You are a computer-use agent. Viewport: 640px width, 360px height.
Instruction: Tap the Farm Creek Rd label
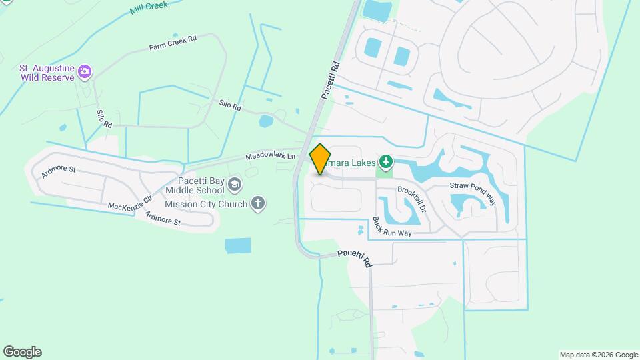pyautogui.click(x=173, y=43)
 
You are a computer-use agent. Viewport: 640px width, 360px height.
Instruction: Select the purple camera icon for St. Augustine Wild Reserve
pyautogui.click(x=85, y=71)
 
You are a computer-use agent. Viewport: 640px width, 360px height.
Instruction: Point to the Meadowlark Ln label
pyautogui.click(x=270, y=156)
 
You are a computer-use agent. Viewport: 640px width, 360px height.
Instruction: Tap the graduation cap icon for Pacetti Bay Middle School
pyautogui.click(x=235, y=184)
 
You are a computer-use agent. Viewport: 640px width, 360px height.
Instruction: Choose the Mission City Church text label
pyautogui.click(x=206, y=204)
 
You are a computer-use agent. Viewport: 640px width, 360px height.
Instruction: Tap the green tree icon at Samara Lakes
pyautogui.click(x=385, y=161)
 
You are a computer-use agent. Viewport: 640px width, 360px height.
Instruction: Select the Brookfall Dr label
pyautogui.click(x=411, y=199)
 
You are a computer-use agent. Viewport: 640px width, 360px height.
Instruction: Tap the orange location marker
pyautogui.click(x=321, y=159)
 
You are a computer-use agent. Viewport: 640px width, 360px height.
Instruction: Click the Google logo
pyautogui.click(x=22, y=351)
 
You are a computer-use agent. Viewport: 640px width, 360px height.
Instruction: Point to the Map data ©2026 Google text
pyautogui.click(x=598, y=355)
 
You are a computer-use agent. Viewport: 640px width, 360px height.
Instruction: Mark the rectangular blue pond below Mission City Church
pyautogui.click(x=238, y=246)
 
